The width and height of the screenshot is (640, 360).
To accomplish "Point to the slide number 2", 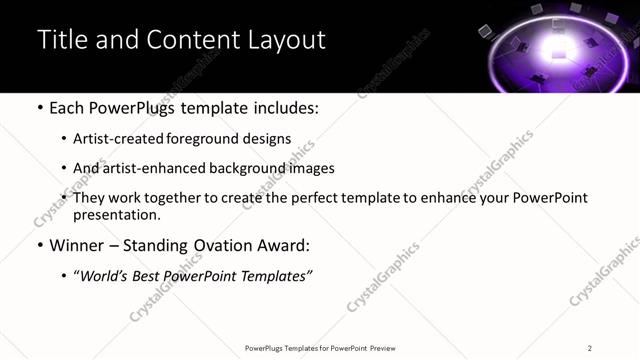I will click(x=590, y=348).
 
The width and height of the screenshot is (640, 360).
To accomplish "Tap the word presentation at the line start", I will click(x=116, y=214).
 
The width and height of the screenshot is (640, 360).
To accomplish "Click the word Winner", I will click(x=76, y=245).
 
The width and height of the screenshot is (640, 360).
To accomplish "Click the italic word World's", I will click(x=106, y=275).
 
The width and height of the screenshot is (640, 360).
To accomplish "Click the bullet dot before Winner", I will click(x=39, y=246).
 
